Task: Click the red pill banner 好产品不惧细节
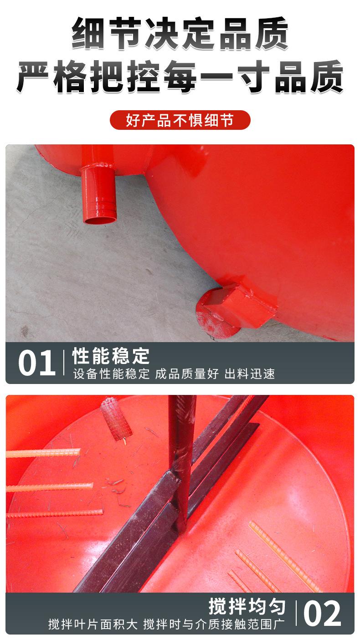180,120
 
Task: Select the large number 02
322,614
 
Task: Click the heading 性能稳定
111,356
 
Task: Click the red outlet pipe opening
99,220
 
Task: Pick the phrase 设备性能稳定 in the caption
111,374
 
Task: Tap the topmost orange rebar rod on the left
43,453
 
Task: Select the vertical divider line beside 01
63,364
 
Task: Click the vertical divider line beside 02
296,613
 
